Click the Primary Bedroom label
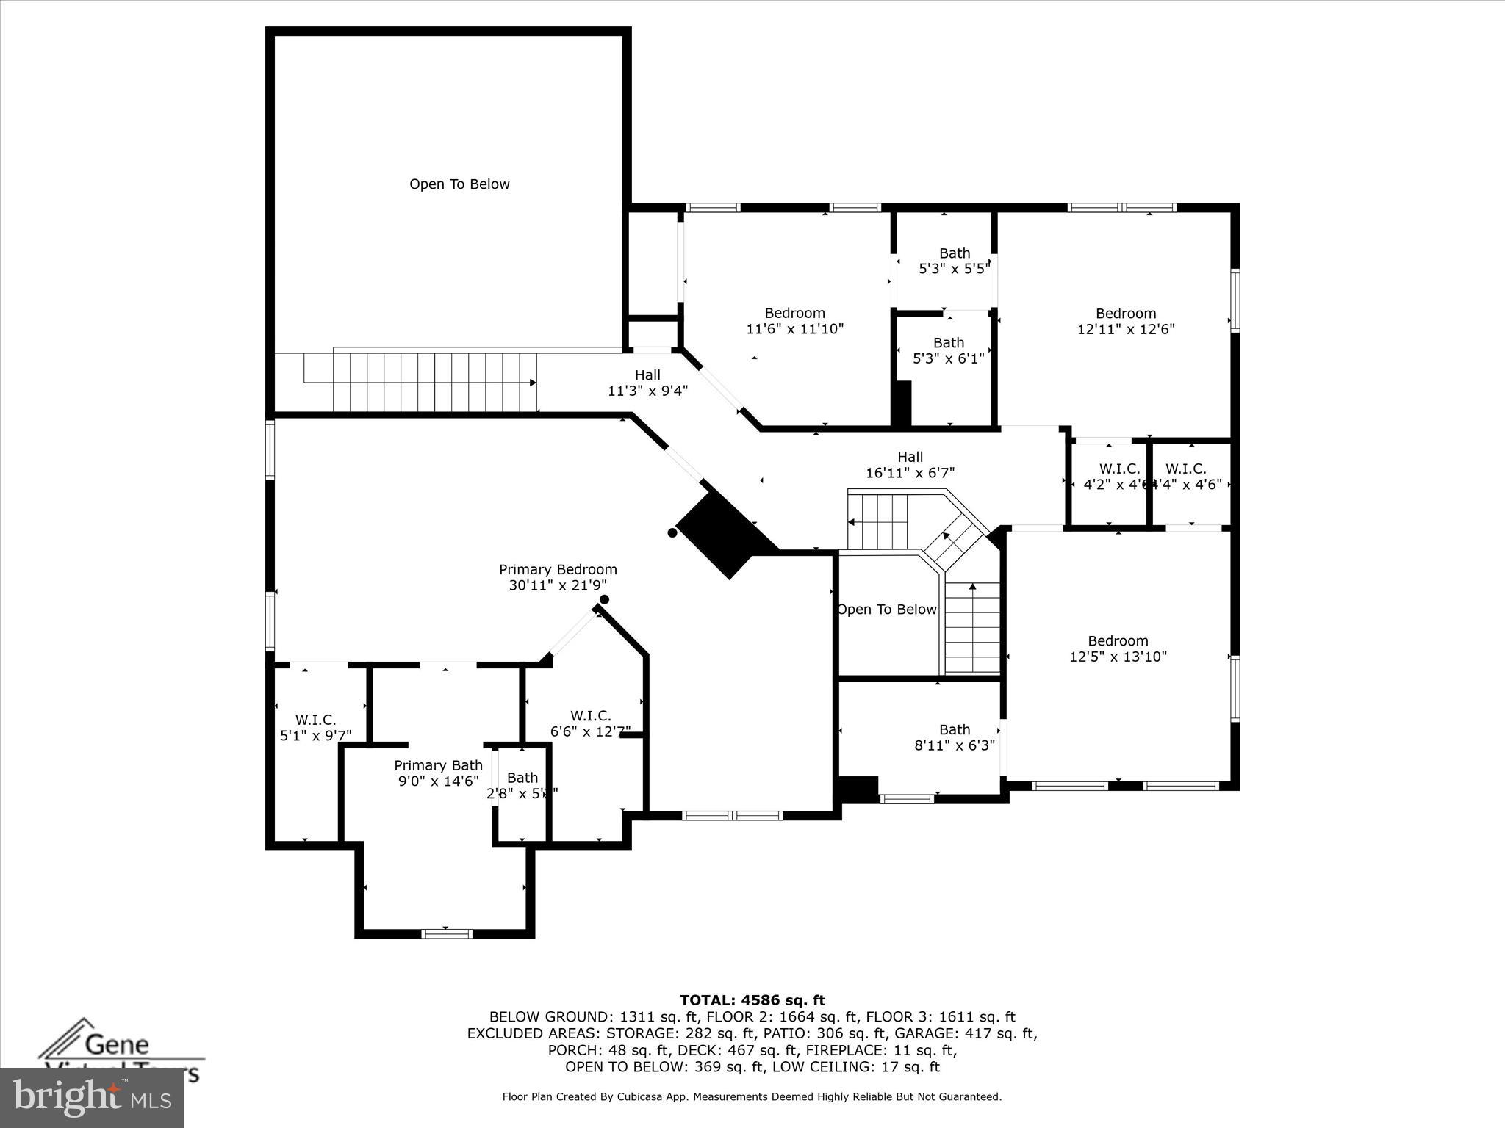tap(558, 570)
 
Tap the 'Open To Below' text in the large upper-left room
tap(459, 184)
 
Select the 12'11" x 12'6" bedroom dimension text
tap(1126, 330)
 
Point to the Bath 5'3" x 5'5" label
tap(954, 261)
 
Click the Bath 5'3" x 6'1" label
tap(948, 351)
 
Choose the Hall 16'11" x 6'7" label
tap(910, 466)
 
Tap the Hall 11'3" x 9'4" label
tap(647, 383)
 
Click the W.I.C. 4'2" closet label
tap(1118, 477)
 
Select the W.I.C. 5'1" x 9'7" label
tap(316, 728)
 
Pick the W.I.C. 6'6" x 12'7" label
tap(590, 723)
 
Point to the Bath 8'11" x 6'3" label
tap(954, 737)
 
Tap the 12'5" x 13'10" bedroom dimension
tap(1118, 657)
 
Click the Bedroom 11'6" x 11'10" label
tap(794, 321)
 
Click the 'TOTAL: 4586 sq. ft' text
tap(752, 1000)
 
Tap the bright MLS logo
tap(92, 1098)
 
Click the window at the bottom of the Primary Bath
tap(446, 933)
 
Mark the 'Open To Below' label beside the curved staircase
tap(886, 610)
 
